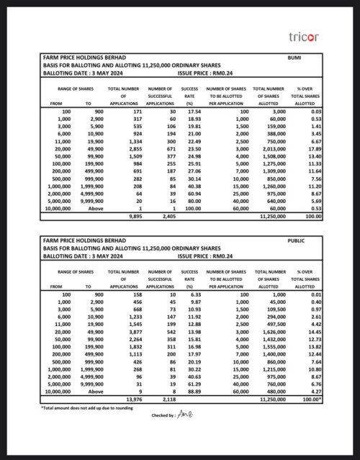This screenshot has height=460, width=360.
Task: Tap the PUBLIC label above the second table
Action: coord(296,242)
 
